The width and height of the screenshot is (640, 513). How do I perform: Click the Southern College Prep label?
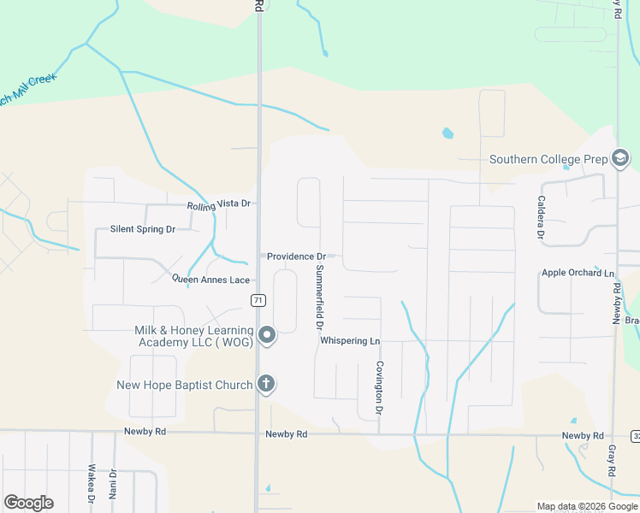[x=548, y=159]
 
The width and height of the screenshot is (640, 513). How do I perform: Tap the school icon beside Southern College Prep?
[x=620, y=159]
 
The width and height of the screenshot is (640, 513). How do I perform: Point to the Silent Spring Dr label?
[x=142, y=229]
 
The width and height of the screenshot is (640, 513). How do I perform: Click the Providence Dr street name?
[x=297, y=256]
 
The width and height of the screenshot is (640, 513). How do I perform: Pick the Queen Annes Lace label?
[x=210, y=280]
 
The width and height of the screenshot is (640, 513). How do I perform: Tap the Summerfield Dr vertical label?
[x=319, y=298]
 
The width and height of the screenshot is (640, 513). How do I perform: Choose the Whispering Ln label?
[x=349, y=340]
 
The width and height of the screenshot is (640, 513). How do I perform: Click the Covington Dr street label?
[x=378, y=389]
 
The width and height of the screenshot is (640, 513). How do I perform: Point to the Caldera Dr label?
[x=541, y=217]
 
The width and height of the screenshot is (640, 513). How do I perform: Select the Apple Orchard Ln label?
[x=578, y=274]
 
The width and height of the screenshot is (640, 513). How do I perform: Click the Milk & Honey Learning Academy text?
[x=194, y=336]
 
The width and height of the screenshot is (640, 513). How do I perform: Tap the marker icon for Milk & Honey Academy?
[x=267, y=336]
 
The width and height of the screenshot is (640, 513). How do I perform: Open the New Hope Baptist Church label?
[x=185, y=385]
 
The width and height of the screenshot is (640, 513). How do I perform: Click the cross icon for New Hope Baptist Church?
[x=266, y=384]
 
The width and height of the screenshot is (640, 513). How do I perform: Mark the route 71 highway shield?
[x=258, y=300]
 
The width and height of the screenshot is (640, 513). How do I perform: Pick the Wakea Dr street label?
[x=92, y=483]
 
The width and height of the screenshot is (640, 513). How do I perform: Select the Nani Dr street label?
[x=112, y=483]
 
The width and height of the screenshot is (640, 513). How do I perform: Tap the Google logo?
[x=28, y=503]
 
